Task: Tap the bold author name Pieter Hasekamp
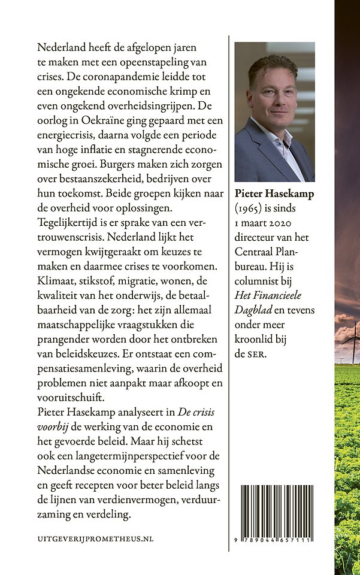click(273, 194)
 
